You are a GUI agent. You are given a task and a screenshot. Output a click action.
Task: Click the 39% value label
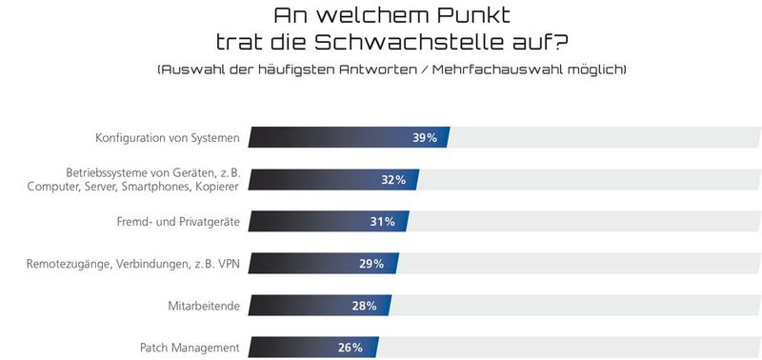pyautogui.click(x=425, y=138)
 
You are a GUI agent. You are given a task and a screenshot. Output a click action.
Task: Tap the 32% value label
pyautogui.click(x=394, y=180)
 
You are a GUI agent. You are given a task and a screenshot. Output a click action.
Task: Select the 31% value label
pyautogui.click(x=383, y=222)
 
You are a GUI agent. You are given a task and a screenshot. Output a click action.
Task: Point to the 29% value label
pyautogui.click(x=372, y=264)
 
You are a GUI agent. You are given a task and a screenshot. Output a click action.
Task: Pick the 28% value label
pyautogui.click(x=365, y=306)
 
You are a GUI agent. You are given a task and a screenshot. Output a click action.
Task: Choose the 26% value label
pyautogui.click(x=351, y=348)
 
